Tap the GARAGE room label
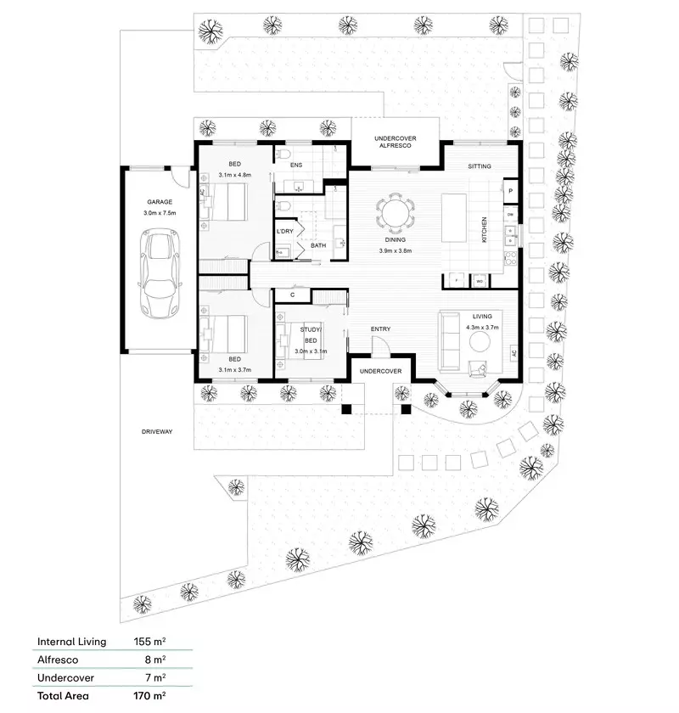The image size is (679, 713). click(x=160, y=202)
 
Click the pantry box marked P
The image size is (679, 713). click(x=511, y=192)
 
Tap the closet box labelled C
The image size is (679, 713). click(x=292, y=295)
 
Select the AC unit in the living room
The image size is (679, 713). click(x=513, y=353)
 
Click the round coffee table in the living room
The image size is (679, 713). click(x=481, y=341)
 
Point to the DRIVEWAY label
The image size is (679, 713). click(x=157, y=432)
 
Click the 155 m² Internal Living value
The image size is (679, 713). click(x=149, y=642)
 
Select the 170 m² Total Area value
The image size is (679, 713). click(x=149, y=695)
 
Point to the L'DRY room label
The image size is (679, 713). click(x=285, y=231)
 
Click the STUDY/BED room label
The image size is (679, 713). click(x=311, y=334)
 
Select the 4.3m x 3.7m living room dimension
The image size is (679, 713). click(x=482, y=327)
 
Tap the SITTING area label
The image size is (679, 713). click(x=480, y=166)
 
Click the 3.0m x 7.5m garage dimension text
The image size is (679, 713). click(x=160, y=213)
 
